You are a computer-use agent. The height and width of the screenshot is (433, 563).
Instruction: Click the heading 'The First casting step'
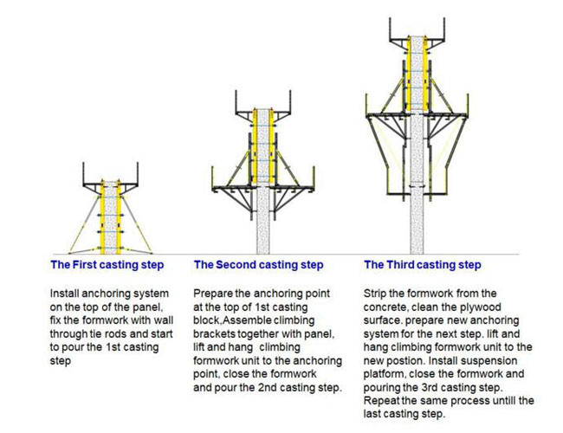(x=107, y=265)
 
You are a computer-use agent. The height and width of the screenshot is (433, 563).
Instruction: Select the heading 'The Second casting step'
(x=258, y=265)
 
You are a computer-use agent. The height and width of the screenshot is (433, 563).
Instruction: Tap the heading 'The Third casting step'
(x=423, y=265)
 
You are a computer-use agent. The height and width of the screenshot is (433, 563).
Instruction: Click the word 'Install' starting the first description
(x=64, y=294)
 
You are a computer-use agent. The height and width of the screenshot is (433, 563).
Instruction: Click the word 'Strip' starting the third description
(x=374, y=294)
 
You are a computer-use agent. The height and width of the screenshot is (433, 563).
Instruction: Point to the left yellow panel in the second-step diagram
(x=254, y=146)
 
